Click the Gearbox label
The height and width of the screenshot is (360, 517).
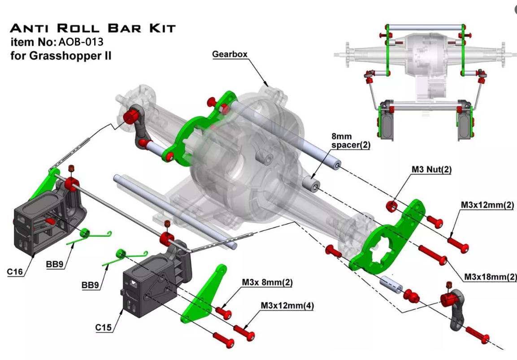(230, 54)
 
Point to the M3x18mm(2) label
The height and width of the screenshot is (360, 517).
(490, 277)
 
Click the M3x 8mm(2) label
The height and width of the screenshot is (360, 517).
(267, 283)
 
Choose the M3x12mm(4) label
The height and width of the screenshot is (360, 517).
(287, 306)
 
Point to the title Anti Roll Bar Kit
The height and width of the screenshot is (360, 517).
(92, 28)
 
